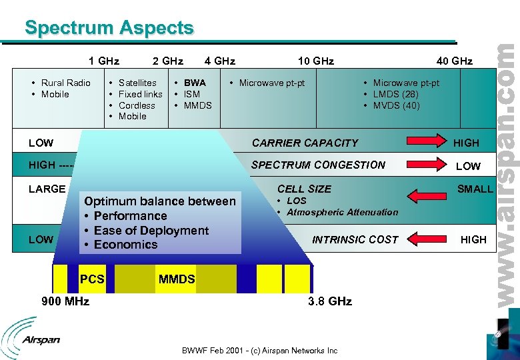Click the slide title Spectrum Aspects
(x=109, y=28)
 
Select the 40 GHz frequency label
(x=454, y=61)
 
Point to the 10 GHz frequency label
(x=315, y=61)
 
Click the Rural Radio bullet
(x=65, y=83)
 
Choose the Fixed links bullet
(x=140, y=94)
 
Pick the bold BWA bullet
(x=195, y=83)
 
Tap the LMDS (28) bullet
(x=395, y=94)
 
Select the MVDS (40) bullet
(x=396, y=105)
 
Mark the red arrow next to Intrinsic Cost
(x=425, y=239)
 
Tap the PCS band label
(x=92, y=279)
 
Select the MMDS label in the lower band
(x=177, y=279)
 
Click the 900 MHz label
(x=65, y=301)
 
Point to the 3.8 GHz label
(x=329, y=301)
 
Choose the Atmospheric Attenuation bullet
(x=342, y=212)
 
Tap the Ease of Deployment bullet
(x=151, y=231)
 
